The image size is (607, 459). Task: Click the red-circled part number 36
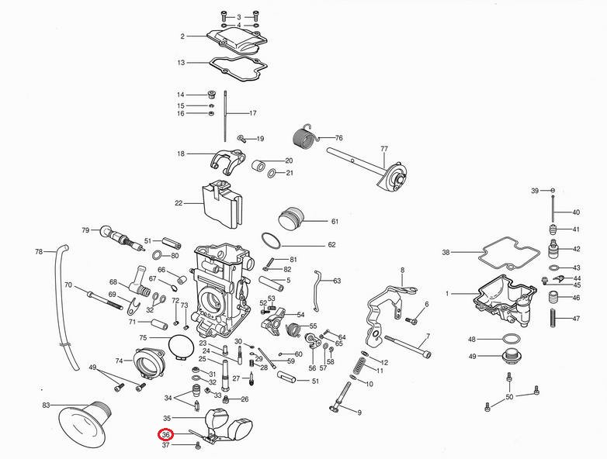(x=165, y=435)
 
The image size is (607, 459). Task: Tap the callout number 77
(x=383, y=148)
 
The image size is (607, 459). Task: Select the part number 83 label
(x=46, y=406)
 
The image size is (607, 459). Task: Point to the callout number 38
(x=446, y=252)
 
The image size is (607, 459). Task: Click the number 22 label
(x=178, y=203)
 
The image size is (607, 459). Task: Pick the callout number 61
(x=335, y=221)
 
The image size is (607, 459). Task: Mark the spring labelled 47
(x=552, y=318)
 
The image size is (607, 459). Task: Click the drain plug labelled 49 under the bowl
(x=509, y=357)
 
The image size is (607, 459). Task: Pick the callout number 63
(x=337, y=281)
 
